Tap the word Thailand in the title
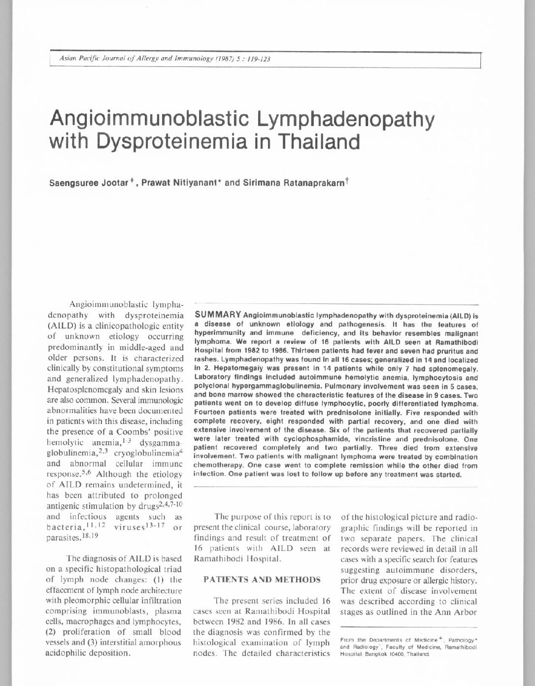tap(317, 142)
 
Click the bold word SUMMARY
tap(218, 314)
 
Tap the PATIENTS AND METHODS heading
tap(262, 580)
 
